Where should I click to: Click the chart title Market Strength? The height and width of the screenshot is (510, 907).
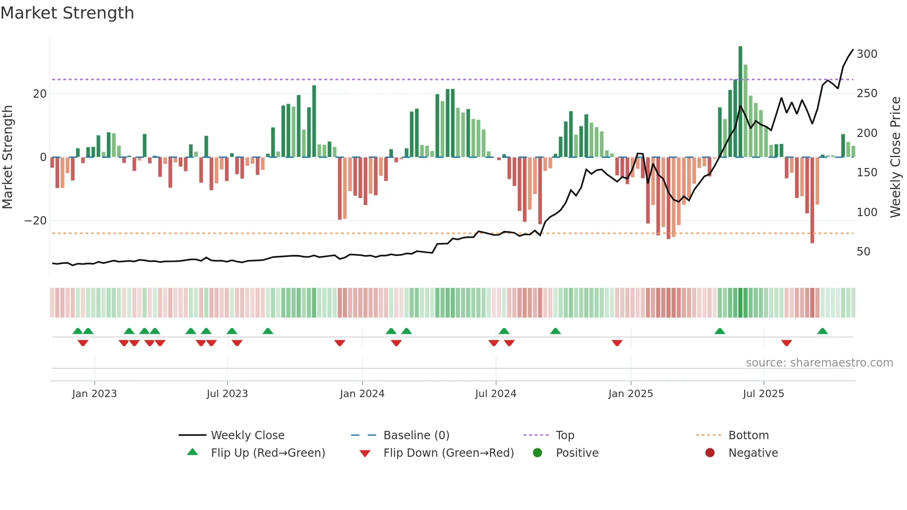tap(67, 13)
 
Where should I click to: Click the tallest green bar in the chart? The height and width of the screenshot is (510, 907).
tap(740, 102)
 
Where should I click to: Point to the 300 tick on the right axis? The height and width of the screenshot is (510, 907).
tap(867, 54)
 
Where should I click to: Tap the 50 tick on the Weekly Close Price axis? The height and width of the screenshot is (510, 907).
tap(864, 252)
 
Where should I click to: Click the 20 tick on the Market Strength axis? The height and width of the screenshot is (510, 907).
tap(40, 94)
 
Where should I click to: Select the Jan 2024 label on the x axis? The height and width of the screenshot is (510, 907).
tap(362, 394)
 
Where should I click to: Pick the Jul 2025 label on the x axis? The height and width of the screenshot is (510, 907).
tap(764, 394)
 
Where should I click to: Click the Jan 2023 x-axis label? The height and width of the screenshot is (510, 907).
tap(94, 394)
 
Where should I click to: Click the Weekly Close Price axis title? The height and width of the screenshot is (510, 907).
tap(896, 157)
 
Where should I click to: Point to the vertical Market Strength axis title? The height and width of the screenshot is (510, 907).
tap(7, 157)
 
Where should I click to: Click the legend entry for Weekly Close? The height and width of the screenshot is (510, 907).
tap(248, 435)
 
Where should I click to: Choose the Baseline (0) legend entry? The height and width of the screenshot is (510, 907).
tap(416, 435)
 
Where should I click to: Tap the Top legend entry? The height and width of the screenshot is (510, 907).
tap(565, 435)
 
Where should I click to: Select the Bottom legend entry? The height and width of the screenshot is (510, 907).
tap(748, 435)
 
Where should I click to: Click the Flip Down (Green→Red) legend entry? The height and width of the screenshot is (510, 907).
tap(448, 453)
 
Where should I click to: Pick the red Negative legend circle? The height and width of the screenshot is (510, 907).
tap(710, 453)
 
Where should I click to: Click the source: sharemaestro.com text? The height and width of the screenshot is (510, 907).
tap(819, 363)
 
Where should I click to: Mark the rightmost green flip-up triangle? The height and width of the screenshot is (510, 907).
tap(822, 331)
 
